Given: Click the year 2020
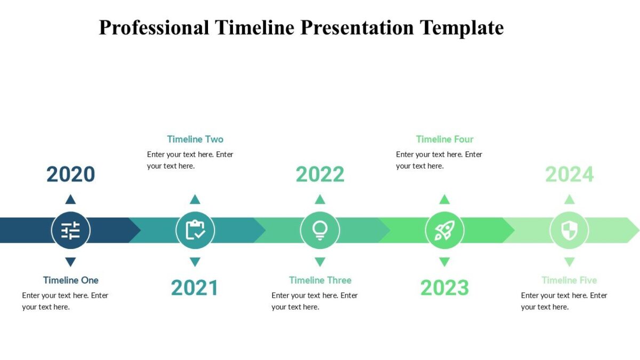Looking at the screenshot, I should [70, 174].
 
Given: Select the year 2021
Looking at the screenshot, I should [195, 288].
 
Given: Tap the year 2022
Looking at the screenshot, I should [320, 174].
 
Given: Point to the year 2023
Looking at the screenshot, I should [444, 288].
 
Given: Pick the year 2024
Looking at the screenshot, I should [569, 174].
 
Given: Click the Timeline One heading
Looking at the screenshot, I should [70, 280].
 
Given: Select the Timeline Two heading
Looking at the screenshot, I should [195, 139].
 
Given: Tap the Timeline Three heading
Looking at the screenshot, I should [320, 280].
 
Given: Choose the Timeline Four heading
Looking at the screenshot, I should [445, 139].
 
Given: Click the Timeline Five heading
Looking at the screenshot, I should [569, 280].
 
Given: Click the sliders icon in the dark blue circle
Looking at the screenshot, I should [70, 230].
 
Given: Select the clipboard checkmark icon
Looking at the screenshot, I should [195, 230].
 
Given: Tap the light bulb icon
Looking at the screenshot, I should [320, 230].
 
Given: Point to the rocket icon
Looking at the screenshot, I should [444, 230].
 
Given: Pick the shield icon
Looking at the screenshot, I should [569, 230].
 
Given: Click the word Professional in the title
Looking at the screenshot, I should [154, 27].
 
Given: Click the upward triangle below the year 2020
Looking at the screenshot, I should [70, 199].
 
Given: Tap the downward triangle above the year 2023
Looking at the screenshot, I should [444, 262].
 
